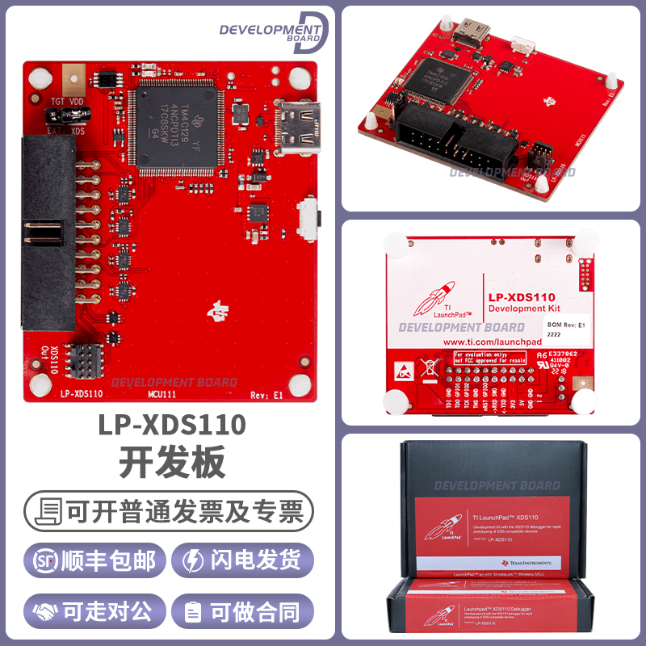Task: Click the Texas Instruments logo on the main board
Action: [x=217, y=309]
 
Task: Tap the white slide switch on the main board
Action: [x=308, y=220]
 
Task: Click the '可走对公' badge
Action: [x=95, y=611]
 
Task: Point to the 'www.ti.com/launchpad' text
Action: [x=492, y=342]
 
